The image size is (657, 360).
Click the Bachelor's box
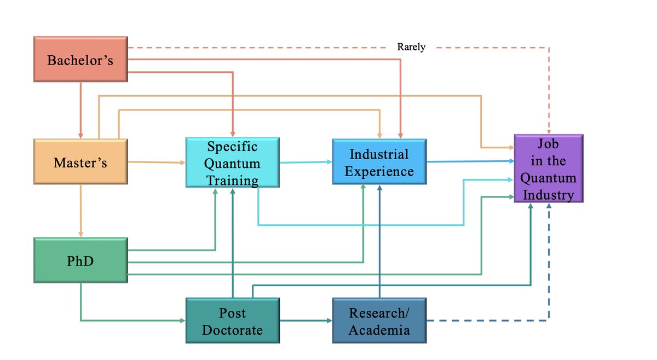80,60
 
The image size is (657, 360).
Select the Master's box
80,162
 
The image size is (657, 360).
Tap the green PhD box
80,260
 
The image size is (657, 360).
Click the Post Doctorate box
233,321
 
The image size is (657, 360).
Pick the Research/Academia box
379,321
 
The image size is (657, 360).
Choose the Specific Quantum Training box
233,163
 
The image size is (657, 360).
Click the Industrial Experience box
379,162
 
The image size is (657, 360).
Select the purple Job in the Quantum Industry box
548,169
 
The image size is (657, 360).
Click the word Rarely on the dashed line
411,48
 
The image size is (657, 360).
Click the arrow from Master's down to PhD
80,211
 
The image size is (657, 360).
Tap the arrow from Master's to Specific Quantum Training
156,162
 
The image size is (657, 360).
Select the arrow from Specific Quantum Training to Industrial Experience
306,162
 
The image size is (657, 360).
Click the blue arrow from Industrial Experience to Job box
470,162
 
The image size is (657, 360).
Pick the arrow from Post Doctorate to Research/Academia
306,321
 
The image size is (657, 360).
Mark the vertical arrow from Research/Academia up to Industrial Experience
379,241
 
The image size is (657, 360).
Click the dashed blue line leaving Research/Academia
487,320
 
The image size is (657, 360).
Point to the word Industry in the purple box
548,194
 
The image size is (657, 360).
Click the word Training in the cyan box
233,180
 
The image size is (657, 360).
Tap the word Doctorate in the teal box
233,330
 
